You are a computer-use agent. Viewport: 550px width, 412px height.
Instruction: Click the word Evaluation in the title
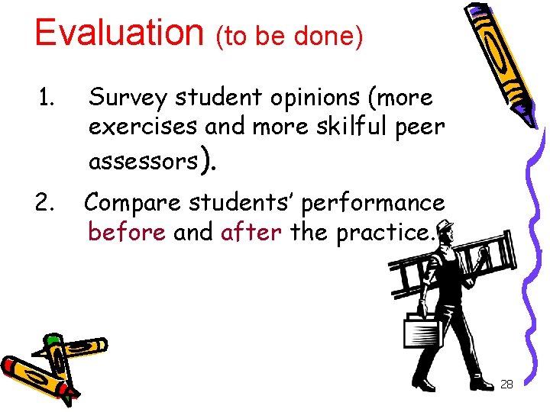pos(119,32)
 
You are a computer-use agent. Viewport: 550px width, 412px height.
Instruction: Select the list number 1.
pos(47,98)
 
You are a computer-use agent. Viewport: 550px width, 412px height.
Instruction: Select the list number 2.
pos(47,203)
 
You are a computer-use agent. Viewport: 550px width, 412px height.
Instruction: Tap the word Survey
pos(128,98)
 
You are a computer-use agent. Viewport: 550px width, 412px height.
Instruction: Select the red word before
pos(127,231)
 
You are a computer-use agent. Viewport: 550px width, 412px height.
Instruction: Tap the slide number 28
pos(506,384)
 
